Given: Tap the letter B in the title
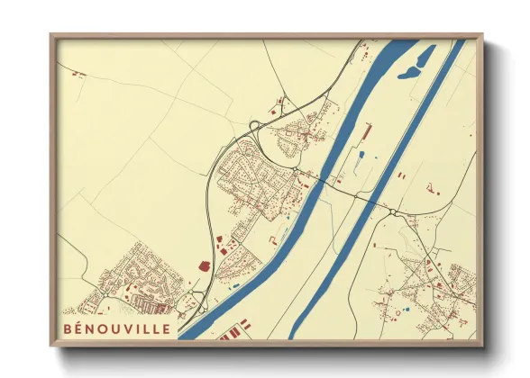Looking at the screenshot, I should tap(69, 328).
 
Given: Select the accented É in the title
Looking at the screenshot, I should tap(79, 328).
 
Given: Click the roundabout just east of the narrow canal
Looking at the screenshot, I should tap(394, 212).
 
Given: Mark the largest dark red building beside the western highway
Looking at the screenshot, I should tap(204, 265).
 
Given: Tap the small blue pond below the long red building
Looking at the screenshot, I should tap(361, 155).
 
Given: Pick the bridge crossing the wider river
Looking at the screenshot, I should tap(318, 179).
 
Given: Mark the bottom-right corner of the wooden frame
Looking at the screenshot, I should tap(481, 346).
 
